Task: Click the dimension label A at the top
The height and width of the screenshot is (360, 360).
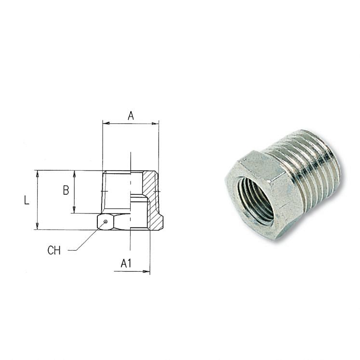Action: (130, 116)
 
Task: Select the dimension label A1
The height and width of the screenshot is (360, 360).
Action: (126, 263)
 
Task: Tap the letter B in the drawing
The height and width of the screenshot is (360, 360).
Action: (66, 190)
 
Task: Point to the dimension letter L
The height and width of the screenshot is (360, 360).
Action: (27, 200)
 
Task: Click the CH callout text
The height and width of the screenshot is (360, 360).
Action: (54, 251)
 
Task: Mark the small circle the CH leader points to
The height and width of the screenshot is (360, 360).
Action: (105, 222)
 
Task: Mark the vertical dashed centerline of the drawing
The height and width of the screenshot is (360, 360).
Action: (131, 202)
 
